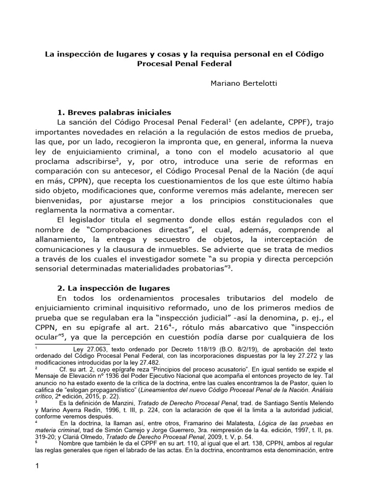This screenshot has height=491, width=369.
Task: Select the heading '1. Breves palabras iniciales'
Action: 114,113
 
